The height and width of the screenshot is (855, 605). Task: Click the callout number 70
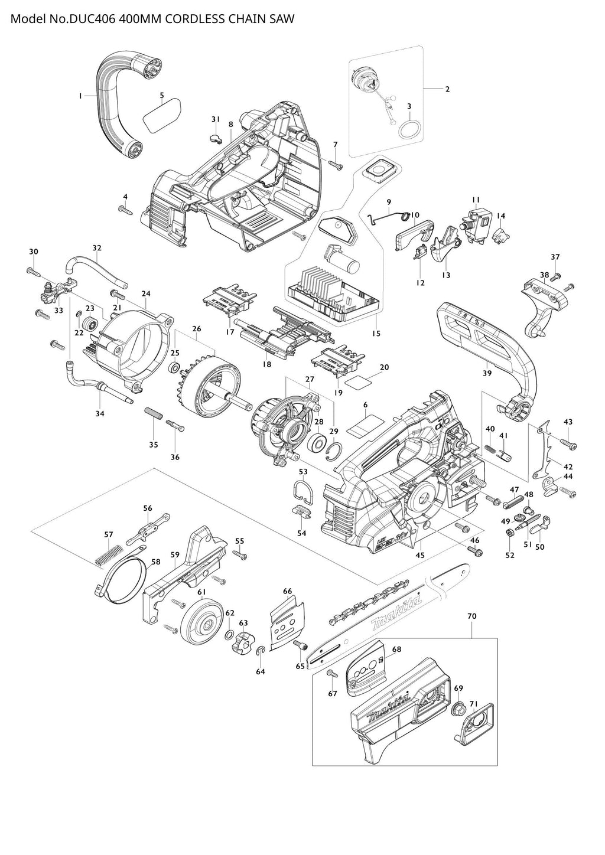471,616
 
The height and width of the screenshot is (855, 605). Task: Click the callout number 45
420,555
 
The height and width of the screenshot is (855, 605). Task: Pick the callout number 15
376,334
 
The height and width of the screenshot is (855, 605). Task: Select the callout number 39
487,373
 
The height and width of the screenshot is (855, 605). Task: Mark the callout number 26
197,328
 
